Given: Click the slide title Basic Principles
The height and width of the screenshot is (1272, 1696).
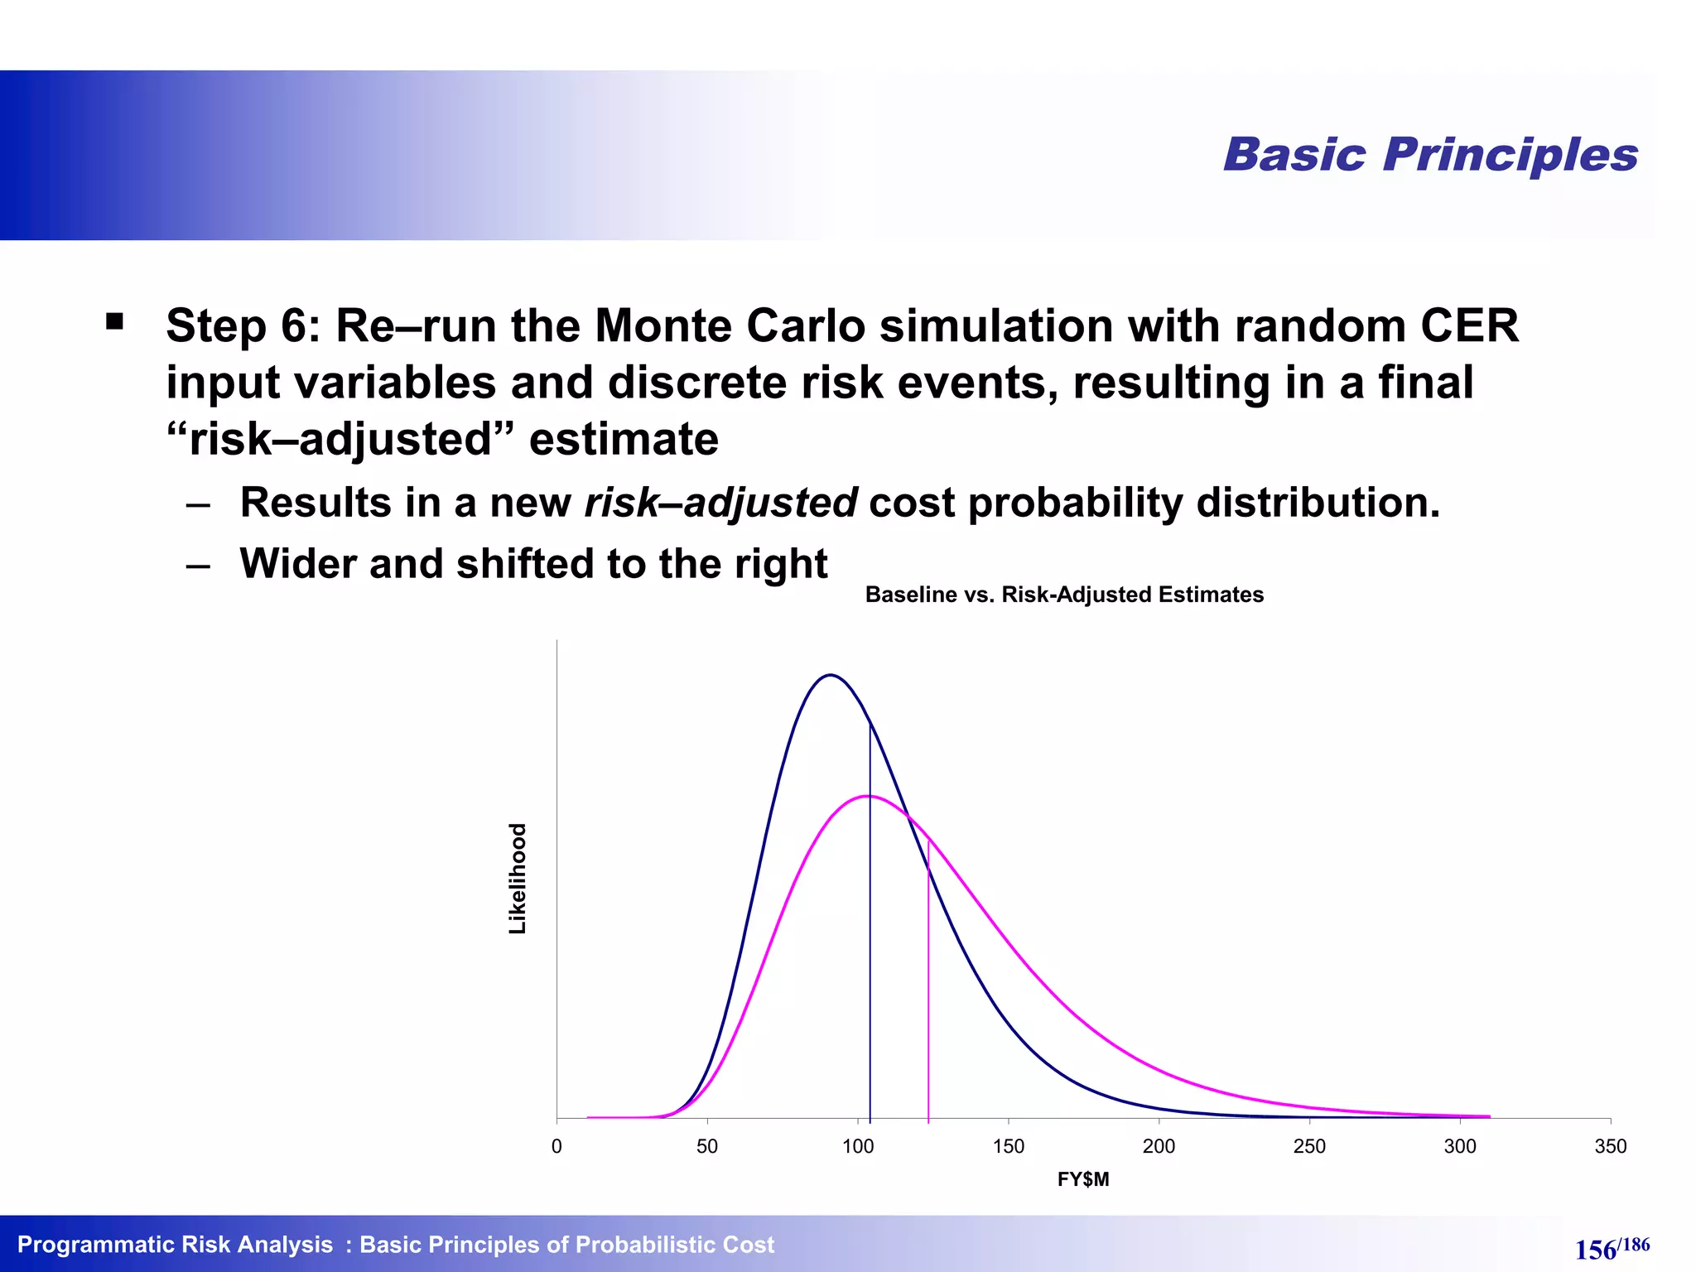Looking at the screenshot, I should (x=1430, y=155).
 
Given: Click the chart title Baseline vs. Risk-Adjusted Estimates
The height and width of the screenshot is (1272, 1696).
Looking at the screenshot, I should (x=1064, y=595).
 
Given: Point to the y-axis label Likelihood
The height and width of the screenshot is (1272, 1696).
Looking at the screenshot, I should (x=518, y=879).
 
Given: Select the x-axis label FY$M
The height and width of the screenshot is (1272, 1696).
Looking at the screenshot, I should (x=1082, y=1179).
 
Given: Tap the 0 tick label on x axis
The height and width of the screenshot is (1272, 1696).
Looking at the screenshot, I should (x=556, y=1146).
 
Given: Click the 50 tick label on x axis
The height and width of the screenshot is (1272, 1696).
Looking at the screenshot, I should (x=707, y=1146).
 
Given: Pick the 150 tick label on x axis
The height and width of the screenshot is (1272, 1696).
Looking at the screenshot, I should (x=1008, y=1146).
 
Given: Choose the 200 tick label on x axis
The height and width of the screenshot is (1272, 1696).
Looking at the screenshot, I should (x=1159, y=1146).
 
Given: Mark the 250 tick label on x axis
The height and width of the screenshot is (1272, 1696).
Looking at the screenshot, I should (x=1309, y=1146).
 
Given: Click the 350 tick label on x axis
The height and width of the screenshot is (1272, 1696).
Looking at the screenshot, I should (x=1610, y=1146).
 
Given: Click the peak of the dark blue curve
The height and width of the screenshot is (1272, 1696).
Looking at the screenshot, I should (x=830, y=676).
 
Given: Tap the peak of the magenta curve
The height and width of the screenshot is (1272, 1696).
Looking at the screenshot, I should (x=867, y=797).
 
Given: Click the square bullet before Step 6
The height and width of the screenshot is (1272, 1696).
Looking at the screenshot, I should (x=115, y=321).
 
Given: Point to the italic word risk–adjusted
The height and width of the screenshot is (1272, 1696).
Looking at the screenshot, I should (x=720, y=503).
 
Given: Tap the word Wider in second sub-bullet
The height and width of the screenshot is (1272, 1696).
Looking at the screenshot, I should (x=298, y=564).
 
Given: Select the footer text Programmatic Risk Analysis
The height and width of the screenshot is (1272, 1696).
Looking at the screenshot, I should (x=175, y=1245).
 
